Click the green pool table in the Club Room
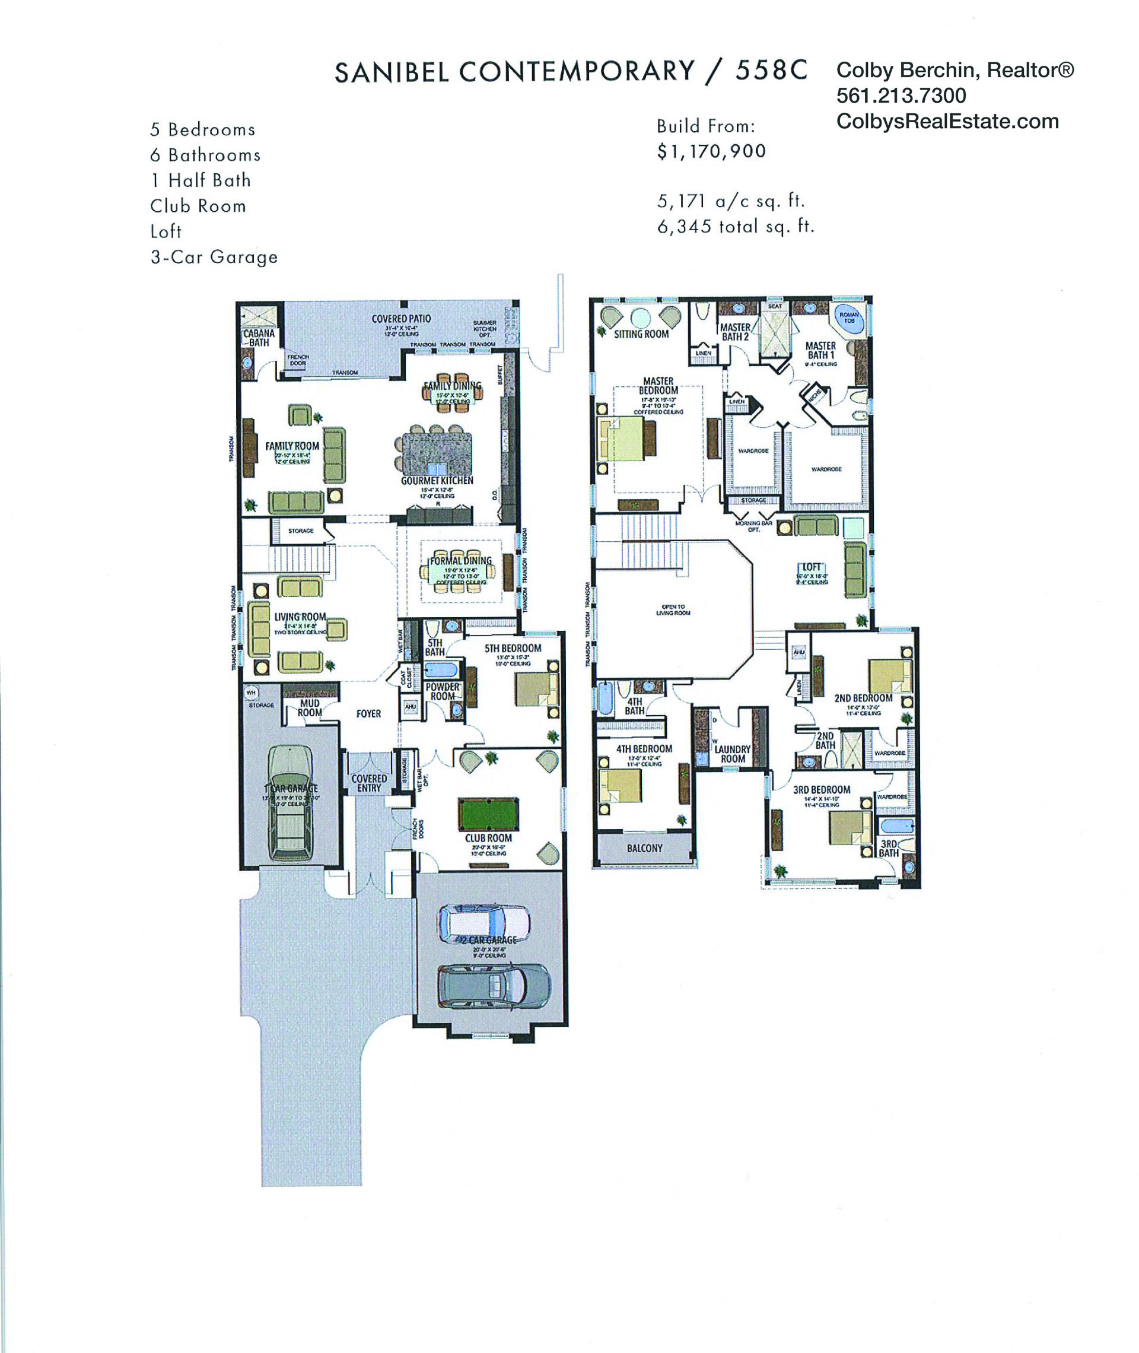click(x=488, y=814)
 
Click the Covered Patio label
click(x=401, y=319)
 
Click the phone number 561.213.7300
click(x=901, y=96)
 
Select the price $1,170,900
click(x=711, y=151)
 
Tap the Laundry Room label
click(x=732, y=754)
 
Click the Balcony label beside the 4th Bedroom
click(x=644, y=848)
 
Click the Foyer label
click(x=368, y=714)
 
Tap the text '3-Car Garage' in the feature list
click(x=214, y=257)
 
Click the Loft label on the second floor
click(x=811, y=567)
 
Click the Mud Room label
click(x=309, y=708)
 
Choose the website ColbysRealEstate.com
click(x=947, y=122)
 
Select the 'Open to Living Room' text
click(x=673, y=609)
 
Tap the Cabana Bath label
click(x=259, y=338)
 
